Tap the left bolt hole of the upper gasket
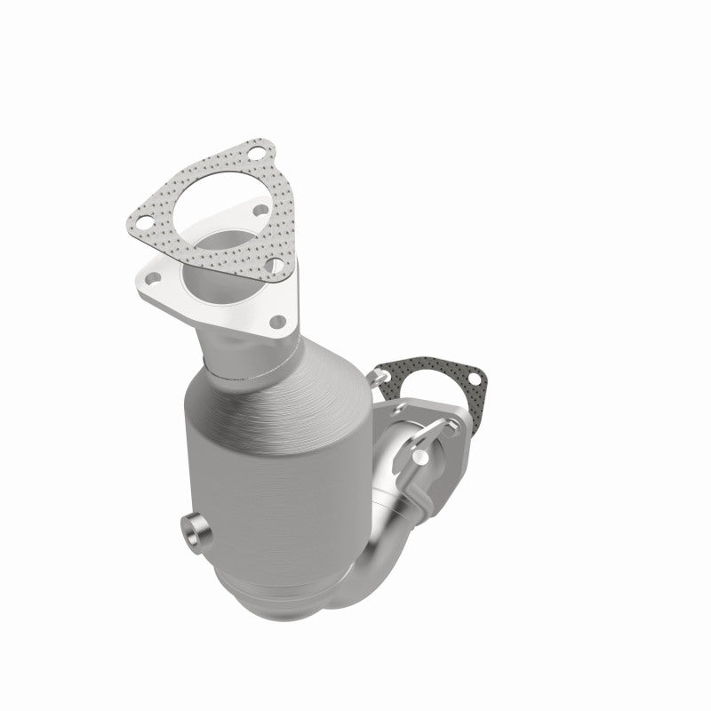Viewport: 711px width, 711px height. (141, 214)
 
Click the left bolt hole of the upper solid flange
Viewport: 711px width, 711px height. (151, 279)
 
